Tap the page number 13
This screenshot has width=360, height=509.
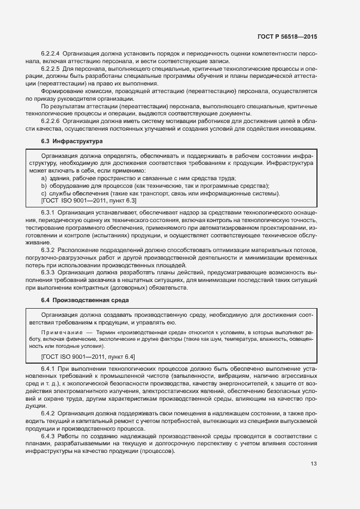(x=313, y=463)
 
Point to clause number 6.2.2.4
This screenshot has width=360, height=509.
(x=51, y=54)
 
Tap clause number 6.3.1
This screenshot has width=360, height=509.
(x=48, y=211)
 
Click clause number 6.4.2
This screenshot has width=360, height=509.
(x=48, y=415)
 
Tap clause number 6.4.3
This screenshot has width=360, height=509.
(x=48, y=438)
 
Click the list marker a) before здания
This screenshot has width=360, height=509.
(x=44, y=178)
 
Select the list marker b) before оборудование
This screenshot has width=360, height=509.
(x=44, y=186)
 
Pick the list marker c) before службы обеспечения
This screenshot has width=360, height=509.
(x=44, y=193)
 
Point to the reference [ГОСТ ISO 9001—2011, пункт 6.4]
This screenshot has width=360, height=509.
(x=88, y=356)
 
